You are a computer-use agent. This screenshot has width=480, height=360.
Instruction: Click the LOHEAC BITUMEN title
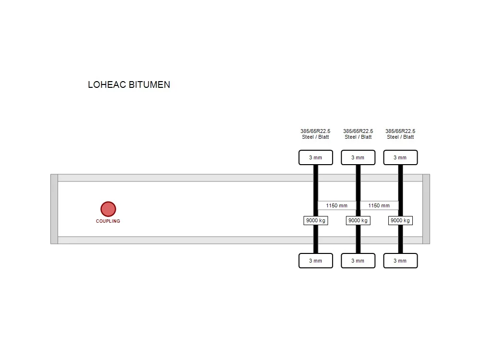point(129,84)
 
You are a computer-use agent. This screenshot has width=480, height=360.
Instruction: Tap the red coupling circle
point(108,209)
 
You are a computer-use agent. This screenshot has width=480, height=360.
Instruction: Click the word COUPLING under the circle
point(108,221)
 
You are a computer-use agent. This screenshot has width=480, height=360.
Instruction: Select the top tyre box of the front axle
point(316,157)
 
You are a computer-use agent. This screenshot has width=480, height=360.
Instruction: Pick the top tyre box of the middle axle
point(358,157)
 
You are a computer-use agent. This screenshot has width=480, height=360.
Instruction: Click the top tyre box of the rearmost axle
point(400,157)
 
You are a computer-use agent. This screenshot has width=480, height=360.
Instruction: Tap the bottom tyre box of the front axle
point(316,261)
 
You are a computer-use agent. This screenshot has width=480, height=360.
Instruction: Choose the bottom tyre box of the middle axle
point(358,261)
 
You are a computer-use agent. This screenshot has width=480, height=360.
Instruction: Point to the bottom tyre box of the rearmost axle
point(400,261)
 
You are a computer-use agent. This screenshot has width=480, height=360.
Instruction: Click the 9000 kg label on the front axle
point(316,220)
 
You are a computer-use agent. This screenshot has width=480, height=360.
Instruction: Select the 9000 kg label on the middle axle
point(358,220)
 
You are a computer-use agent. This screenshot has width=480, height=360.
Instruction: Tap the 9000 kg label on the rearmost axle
point(400,220)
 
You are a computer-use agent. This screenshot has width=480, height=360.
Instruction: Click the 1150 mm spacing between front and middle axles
point(337,205)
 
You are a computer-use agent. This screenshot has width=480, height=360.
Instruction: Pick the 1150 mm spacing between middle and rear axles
point(379,205)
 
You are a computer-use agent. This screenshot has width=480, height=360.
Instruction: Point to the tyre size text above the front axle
point(316,131)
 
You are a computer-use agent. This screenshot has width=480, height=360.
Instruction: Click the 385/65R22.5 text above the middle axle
point(358,131)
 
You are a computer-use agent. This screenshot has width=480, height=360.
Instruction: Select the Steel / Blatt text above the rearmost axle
point(400,137)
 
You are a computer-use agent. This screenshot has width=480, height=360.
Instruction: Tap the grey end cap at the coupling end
point(54,209)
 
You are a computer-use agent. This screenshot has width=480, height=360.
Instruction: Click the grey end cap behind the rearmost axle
point(426,209)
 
